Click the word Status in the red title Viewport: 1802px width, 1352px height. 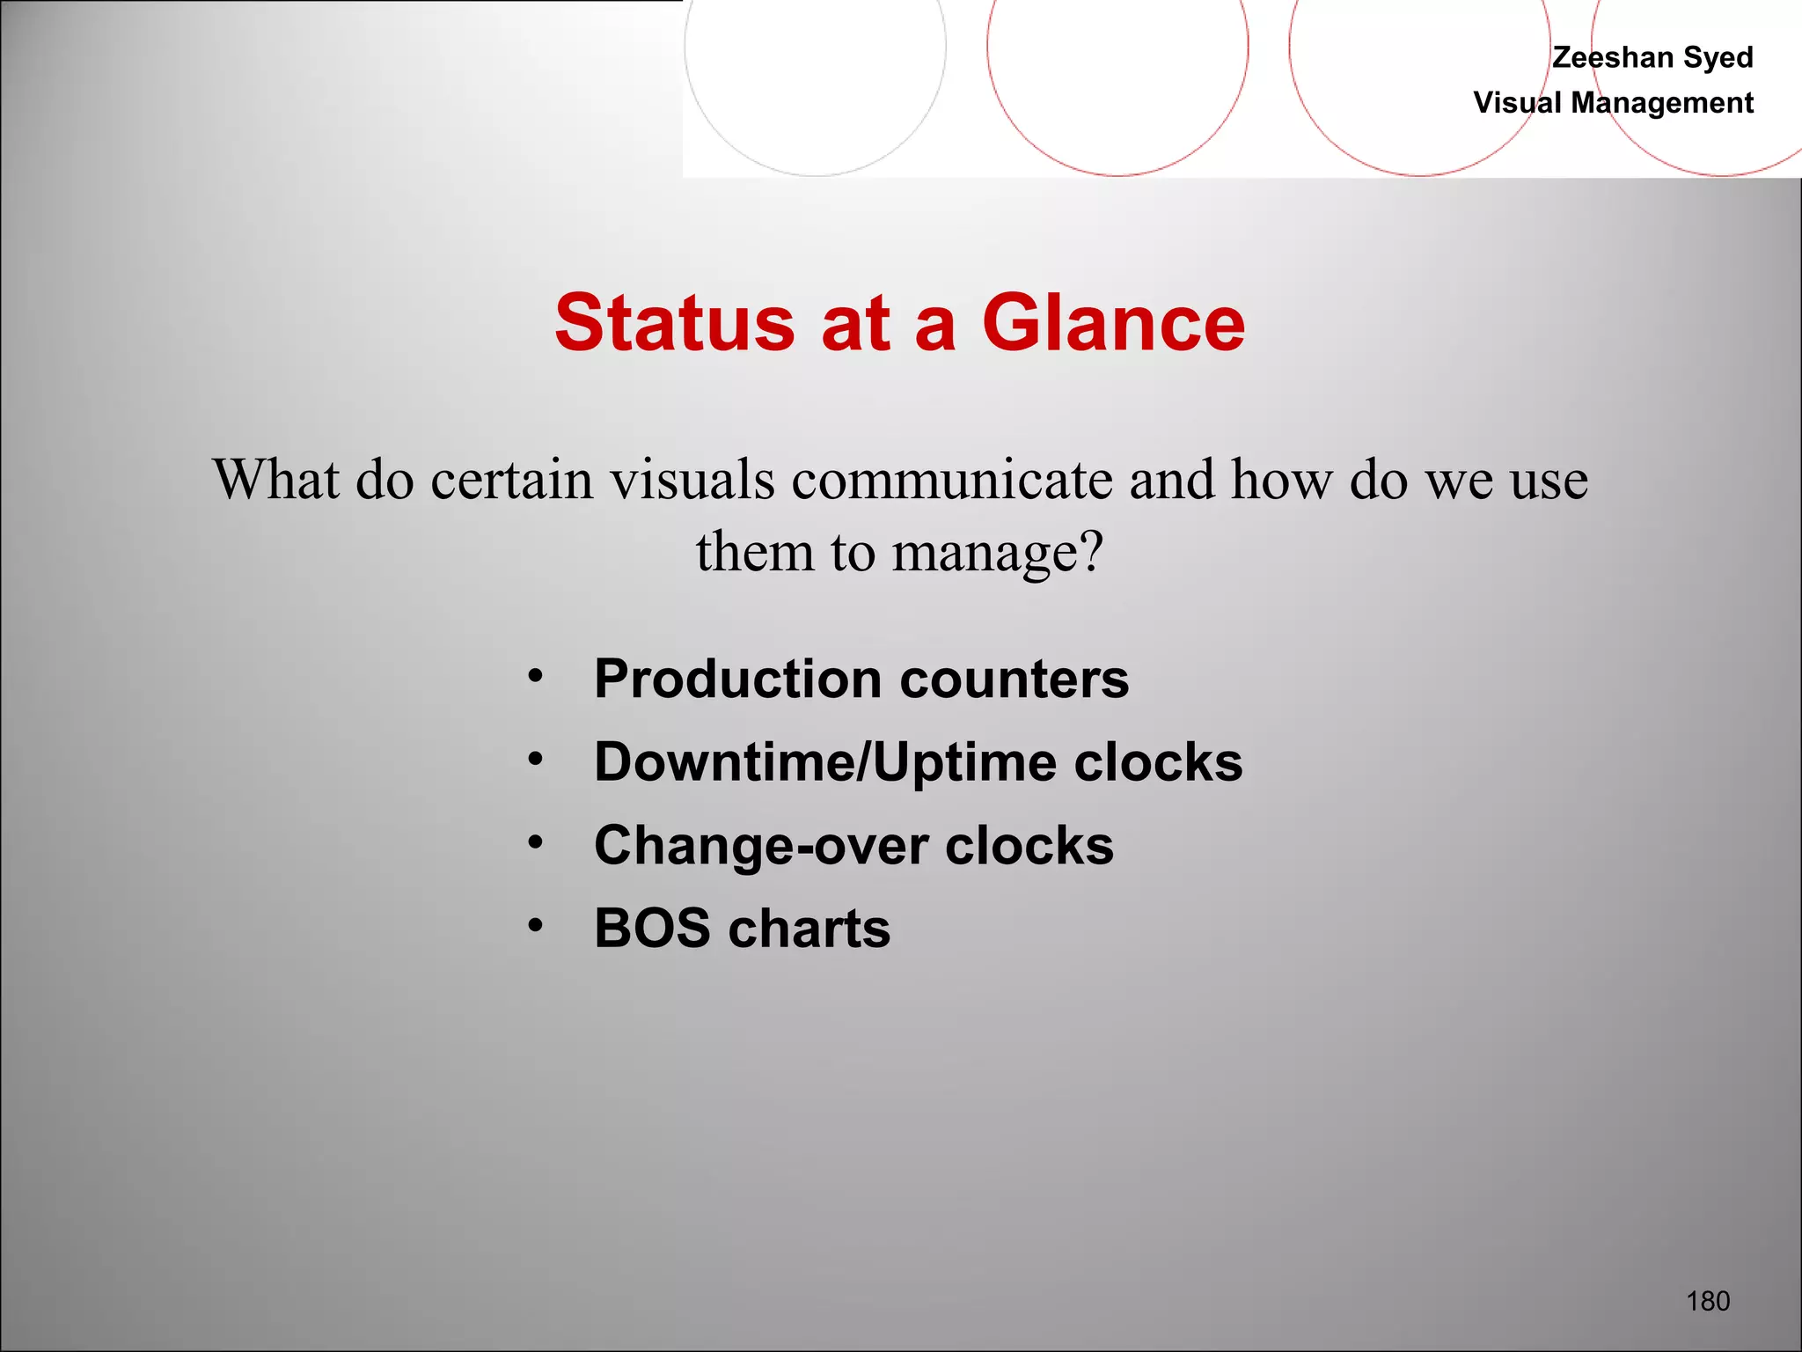[x=675, y=323]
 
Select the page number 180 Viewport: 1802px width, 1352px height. [x=1708, y=1301]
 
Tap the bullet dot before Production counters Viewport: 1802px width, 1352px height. [x=535, y=677]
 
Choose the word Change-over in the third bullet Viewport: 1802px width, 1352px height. [x=760, y=846]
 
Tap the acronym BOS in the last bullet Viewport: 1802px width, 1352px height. [x=652, y=929]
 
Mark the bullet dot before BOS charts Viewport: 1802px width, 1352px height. [x=535, y=926]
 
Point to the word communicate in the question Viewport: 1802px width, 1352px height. [x=952, y=481]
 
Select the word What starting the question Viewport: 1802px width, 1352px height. [x=276, y=481]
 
